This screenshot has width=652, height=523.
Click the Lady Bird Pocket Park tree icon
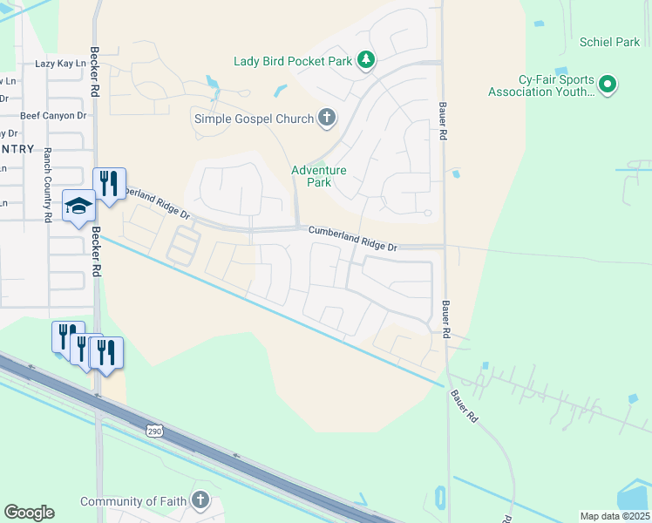(x=368, y=60)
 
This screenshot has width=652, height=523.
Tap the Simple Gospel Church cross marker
(x=327, y=118)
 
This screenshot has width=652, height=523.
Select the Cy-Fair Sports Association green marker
(x=608, y=85)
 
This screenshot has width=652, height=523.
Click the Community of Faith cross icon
(x=201, y=500)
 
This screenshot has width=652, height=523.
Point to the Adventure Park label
(x=319, y=176)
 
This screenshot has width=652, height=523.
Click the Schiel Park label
(x=609, y=42)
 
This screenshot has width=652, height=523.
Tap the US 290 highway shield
(x=153, y=431)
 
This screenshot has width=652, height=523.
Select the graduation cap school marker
(x=78, y=206)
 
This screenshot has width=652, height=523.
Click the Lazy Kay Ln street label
(x=61, y=64)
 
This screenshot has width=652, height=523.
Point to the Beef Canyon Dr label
(x=53, y=115)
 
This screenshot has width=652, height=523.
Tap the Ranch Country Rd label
(x=48, y=185)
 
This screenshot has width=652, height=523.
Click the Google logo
(x=29, y=513)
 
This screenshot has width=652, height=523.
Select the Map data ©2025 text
(x=615, y=516)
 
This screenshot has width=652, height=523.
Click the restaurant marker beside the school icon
(x=109, y=183)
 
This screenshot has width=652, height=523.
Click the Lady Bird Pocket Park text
(x=292, y=61)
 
